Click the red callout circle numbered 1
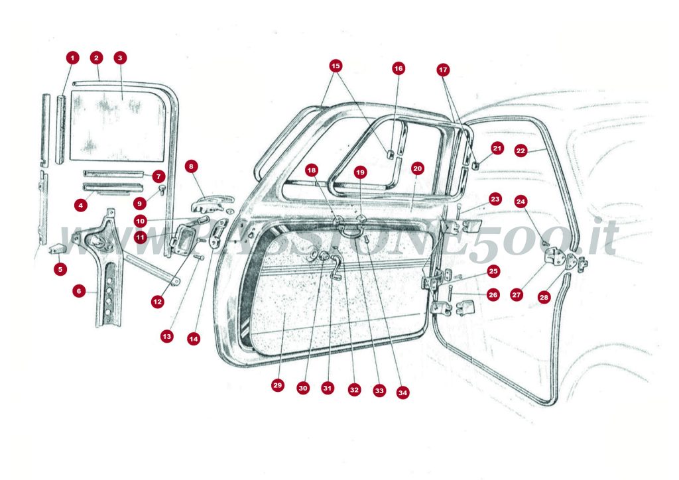tap(72, 58)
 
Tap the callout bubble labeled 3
tap(120, 58)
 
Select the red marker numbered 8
tap(192, 166)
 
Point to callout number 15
tap(336, 66)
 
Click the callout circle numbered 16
tap(398, 68)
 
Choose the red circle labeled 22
tap(521, 151)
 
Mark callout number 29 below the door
tap(277, 385)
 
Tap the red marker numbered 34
tap(402, 392)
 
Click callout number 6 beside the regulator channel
tap(80, 290)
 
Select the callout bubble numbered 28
tap(544, 298)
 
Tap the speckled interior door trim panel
tap(332, 312)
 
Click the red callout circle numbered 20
tap(417, 168)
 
